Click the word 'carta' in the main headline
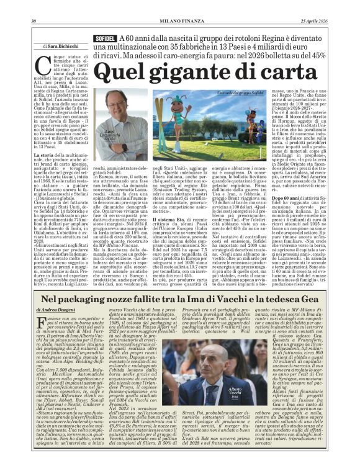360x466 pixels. click(302, 73)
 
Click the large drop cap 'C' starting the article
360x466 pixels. click(44, 63)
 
